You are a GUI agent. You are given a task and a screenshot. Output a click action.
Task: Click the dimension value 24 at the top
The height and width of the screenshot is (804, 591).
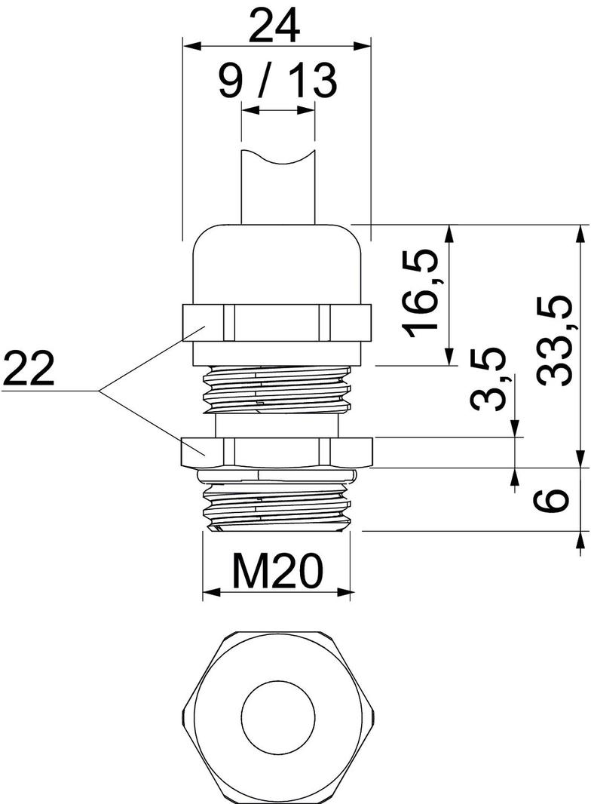(x=275, y=26)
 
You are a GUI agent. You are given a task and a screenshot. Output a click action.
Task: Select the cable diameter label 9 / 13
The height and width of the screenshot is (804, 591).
(x=277, y=81)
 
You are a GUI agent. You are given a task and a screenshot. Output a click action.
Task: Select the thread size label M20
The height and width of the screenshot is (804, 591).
(x=277, y=572)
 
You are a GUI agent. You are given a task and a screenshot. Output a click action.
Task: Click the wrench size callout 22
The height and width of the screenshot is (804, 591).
(x=29, y=370)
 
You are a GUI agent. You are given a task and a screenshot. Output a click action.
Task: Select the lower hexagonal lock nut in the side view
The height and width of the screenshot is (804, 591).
(x=277, y=452)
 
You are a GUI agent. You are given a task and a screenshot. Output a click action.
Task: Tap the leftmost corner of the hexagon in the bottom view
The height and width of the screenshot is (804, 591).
(x=182, y=713)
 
